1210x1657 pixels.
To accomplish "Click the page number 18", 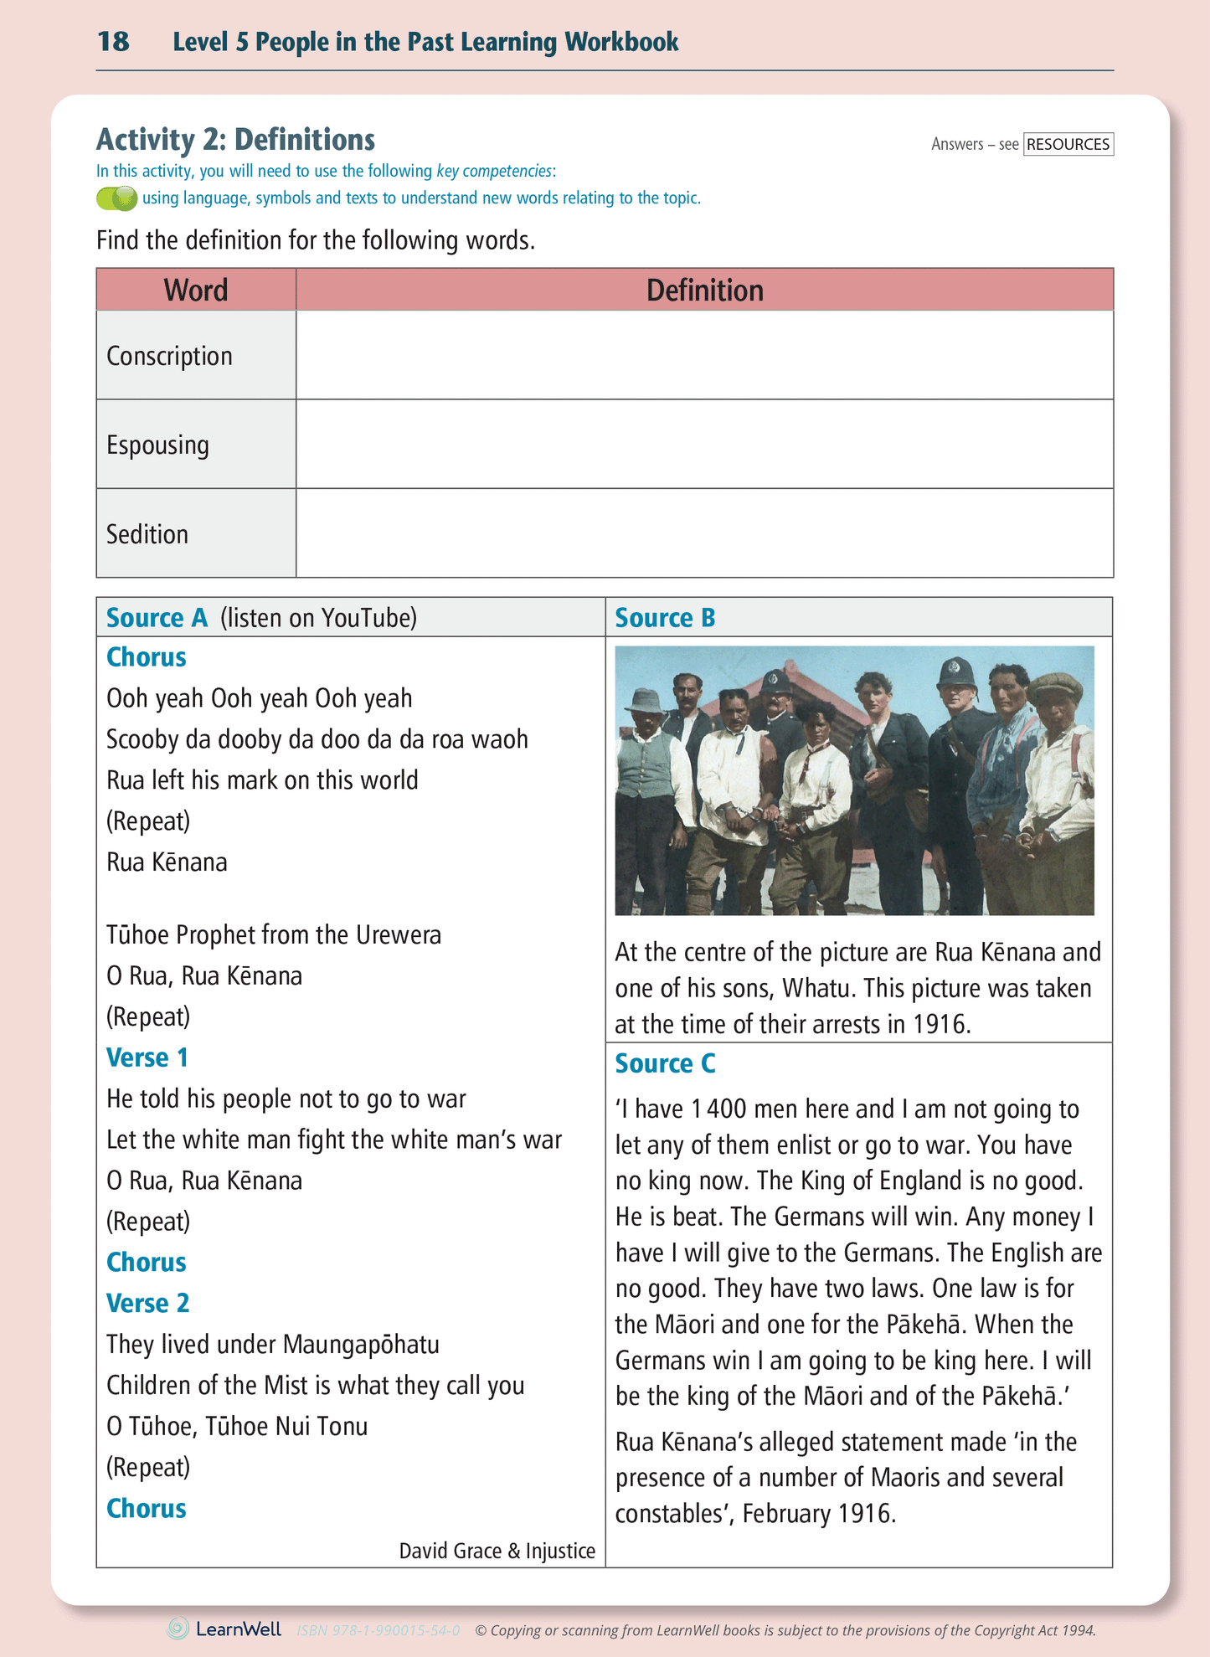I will [x=113, y=42].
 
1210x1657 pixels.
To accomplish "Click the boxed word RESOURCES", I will [x=1068, y=144].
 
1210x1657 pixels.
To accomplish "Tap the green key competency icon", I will [x=116, y=198].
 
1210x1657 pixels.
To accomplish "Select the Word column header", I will [x=196, y=290].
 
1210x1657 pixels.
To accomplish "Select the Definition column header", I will [x=704, y=290].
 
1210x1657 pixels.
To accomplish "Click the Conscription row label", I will [x=169, y=356].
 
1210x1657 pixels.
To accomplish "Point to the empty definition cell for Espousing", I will [x=704, y=444].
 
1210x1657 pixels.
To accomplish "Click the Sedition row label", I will [x=147, y=534].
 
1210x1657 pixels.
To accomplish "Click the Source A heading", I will [x=157, y=618].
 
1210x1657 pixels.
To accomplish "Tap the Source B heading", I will [x=665, y=618].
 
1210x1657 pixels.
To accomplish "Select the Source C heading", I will [x=665, y=1063].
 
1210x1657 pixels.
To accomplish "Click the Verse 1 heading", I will [x=147, y=1057].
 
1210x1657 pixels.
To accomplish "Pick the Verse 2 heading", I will [x=148, y=1303].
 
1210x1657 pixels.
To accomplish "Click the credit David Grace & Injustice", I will [x=497, y=1551].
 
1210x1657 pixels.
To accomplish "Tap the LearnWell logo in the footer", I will [x=224, y=1629].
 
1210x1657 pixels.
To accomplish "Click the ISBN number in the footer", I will [x=378, y=1630].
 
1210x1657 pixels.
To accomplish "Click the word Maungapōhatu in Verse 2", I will [x=361, y=1344].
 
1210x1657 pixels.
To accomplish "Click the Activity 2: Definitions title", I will [x=235, y=139].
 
